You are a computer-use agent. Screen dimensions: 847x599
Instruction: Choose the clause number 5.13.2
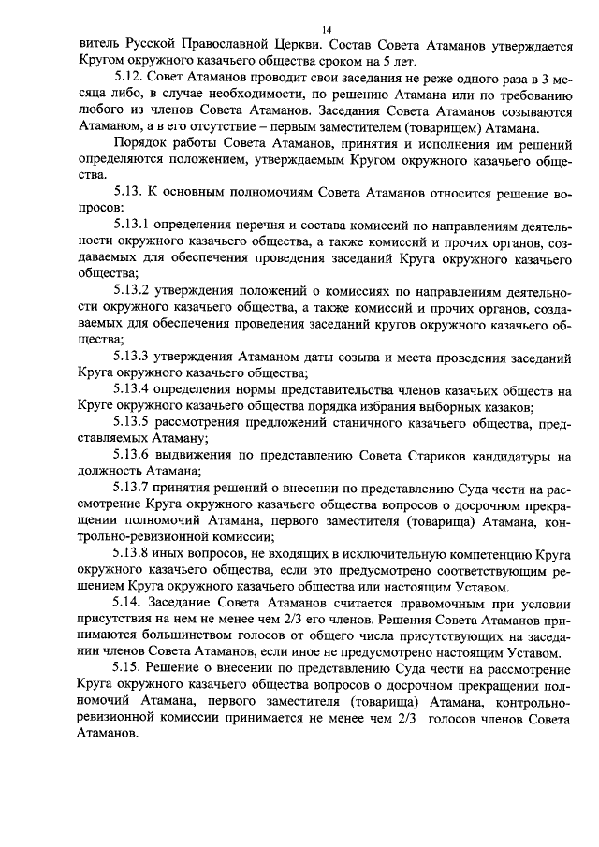pos(134,288)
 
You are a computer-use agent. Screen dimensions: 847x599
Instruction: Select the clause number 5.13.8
pos(134,554)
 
